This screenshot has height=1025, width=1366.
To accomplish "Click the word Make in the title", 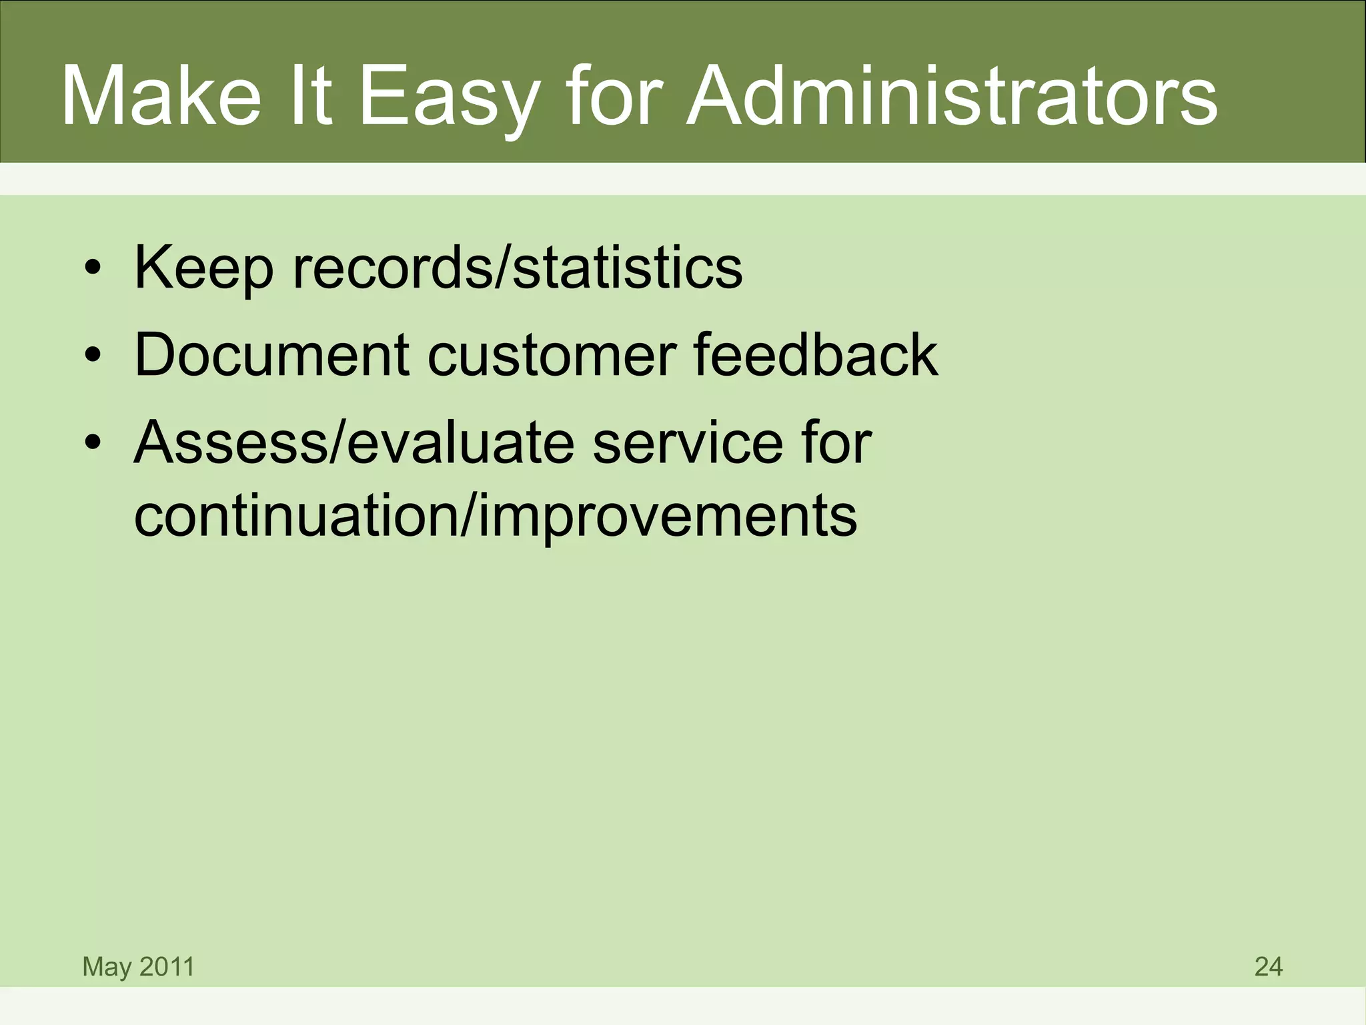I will (161, 97).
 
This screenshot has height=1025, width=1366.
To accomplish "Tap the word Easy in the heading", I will (448, 97).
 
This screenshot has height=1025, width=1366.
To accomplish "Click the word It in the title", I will (307, 97).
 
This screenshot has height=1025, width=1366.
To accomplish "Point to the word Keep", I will (203, 268).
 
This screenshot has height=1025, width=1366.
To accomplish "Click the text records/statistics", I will (517, 268).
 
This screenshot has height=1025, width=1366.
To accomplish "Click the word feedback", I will (815, 355).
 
